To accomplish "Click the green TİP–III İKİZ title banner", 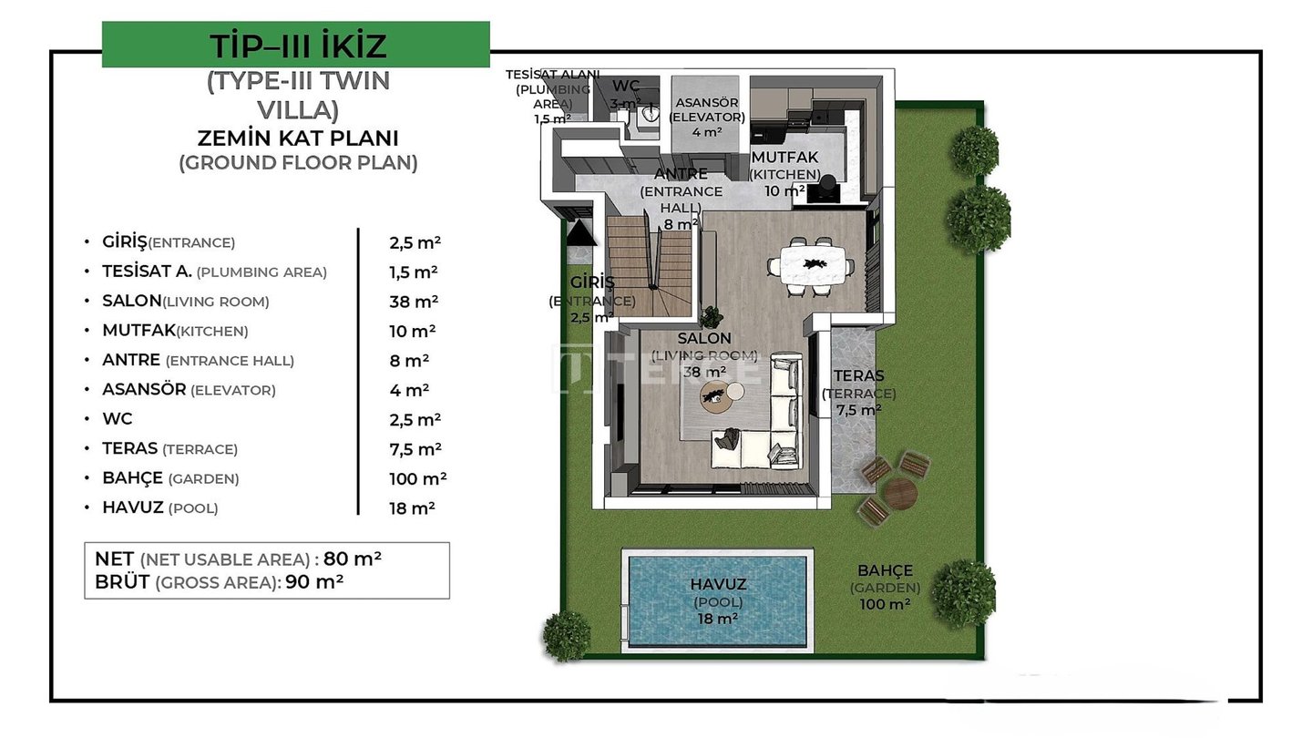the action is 296,45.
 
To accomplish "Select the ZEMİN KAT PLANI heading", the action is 298,138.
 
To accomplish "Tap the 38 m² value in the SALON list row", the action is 414,301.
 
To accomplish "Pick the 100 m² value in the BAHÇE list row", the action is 417,478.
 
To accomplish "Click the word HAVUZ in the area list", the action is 133,507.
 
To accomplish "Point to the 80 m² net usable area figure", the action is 352,559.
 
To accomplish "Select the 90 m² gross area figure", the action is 314,581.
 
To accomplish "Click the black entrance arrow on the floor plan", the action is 580,232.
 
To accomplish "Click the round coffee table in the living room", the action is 716,397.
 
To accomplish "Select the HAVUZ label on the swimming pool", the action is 718,584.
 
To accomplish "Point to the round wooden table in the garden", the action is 900,493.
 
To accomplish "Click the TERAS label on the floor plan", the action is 858,375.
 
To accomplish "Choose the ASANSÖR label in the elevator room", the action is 707,102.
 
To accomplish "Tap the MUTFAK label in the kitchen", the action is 784,157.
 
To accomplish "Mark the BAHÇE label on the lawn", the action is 885,570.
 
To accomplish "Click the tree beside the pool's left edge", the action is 567,636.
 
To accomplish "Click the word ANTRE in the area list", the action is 131,360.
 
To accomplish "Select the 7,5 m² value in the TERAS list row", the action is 415,448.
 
